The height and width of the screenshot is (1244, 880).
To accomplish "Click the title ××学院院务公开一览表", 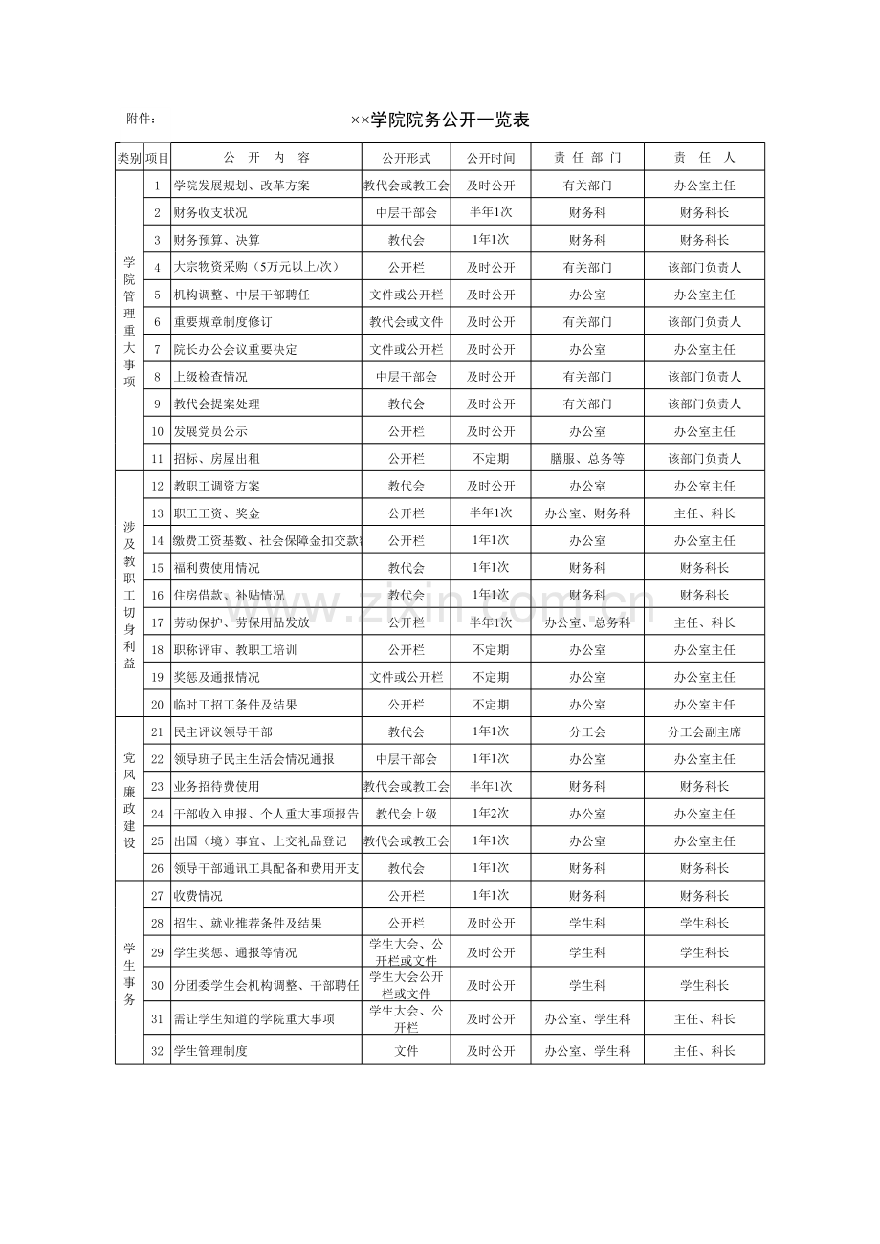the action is tap(440, 120).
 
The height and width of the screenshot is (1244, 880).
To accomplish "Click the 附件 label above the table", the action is tap(141, 120).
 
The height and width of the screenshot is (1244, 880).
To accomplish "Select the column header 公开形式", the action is tap(407, 158).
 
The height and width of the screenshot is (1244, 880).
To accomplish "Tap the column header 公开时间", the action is tap(491, 158).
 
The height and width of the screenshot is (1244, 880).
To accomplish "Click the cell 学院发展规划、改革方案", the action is tap(241, 186).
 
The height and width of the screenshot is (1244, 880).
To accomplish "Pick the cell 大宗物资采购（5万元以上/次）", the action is tap(256, 268).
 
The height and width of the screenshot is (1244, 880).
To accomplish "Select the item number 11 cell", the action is tap(158, 459).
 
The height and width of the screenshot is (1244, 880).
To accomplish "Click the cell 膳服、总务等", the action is tap(587, 459).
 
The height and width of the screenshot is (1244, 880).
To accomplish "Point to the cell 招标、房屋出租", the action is tap(216, 459).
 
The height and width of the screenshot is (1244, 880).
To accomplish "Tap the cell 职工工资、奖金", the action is tap(216, 513).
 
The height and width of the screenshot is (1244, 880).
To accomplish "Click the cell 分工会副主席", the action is tap(704, 732).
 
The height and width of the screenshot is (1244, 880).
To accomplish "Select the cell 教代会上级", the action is tap(407, 815).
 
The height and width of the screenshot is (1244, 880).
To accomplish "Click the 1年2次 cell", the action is tap(491, 815).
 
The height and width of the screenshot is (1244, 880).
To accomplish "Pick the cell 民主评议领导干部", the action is tap(223, 732).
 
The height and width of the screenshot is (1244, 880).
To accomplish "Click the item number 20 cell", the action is tap(158, 705).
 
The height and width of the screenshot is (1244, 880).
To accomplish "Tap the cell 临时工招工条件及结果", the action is tap(235, 705).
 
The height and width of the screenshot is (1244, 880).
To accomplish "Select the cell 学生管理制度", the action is tap(210, 1051).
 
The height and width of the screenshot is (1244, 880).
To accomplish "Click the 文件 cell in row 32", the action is tap(407, 1051).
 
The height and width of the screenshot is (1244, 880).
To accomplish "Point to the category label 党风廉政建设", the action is tap(129, 800).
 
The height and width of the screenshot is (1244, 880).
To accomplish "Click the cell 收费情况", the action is tap(198, 897).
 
